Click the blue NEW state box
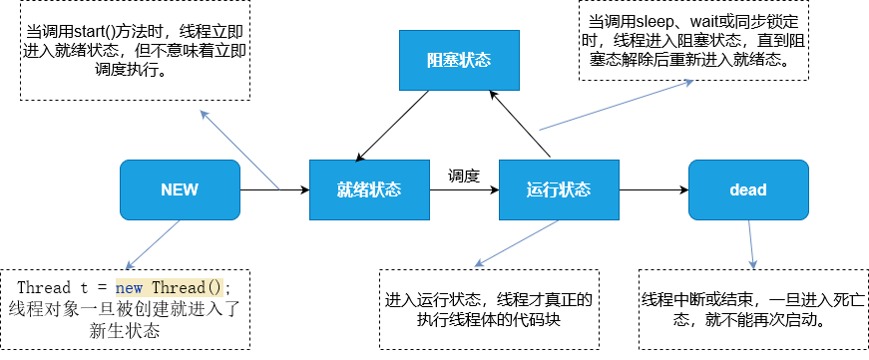180,189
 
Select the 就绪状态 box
369,189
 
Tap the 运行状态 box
559,189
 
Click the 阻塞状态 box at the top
459,59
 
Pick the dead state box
748,189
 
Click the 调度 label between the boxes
464,176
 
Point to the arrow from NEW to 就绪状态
274,189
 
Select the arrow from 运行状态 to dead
653,189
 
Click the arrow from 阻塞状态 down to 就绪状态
393,125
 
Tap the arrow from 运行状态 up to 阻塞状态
524,125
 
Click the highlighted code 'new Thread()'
172,287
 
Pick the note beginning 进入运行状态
489,309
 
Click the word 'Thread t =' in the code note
63,287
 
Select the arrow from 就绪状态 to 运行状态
464,189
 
